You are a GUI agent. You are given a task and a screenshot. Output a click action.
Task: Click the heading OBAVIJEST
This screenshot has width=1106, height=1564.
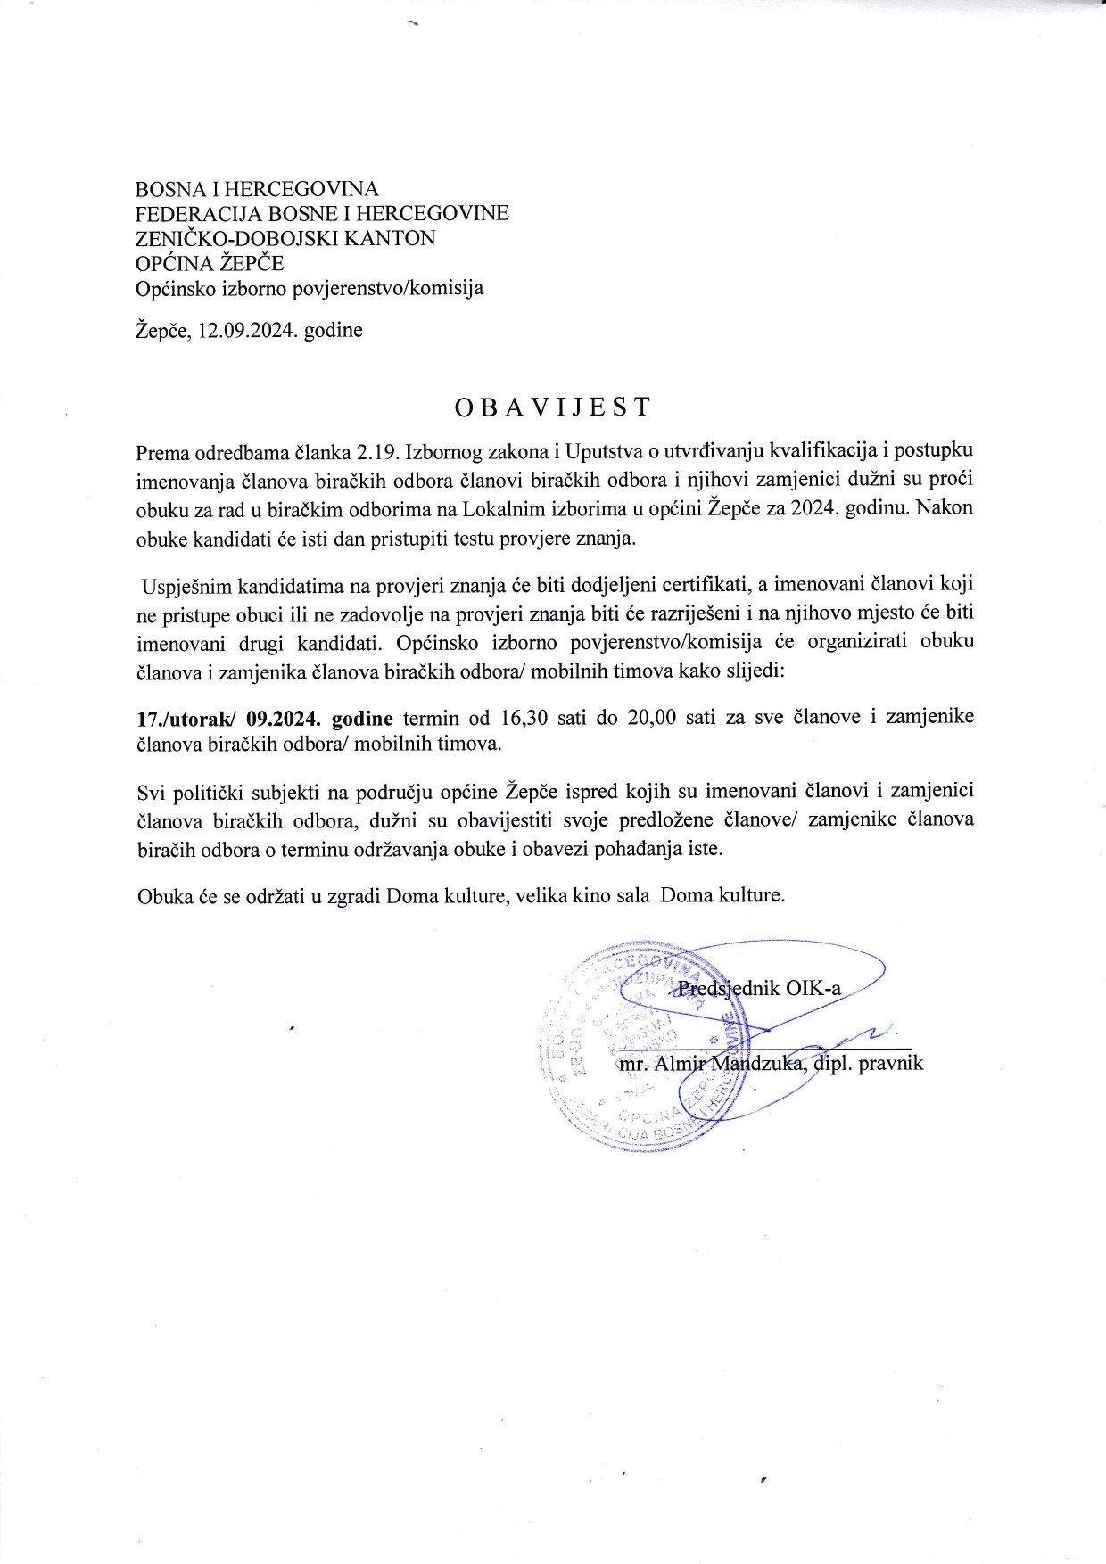(553, 407)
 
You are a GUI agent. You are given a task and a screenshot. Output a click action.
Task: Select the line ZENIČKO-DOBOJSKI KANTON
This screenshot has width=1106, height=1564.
(285, 238)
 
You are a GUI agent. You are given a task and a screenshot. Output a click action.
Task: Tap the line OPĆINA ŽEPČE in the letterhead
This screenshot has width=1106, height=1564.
(209, 263)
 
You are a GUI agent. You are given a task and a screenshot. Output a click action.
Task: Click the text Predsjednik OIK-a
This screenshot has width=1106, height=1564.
(759, 988)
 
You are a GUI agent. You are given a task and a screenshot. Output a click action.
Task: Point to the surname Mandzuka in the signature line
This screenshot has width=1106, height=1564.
(757, 1063)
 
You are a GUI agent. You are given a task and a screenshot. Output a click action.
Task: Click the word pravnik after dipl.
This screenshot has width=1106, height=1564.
(890, 1063)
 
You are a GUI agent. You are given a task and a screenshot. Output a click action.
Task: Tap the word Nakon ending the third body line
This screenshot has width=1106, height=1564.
(945, 508)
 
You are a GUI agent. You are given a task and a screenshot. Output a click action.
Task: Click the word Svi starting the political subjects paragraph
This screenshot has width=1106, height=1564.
(152, 791)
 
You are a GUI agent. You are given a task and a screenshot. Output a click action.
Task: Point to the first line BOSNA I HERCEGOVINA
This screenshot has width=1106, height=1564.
(257, 189)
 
